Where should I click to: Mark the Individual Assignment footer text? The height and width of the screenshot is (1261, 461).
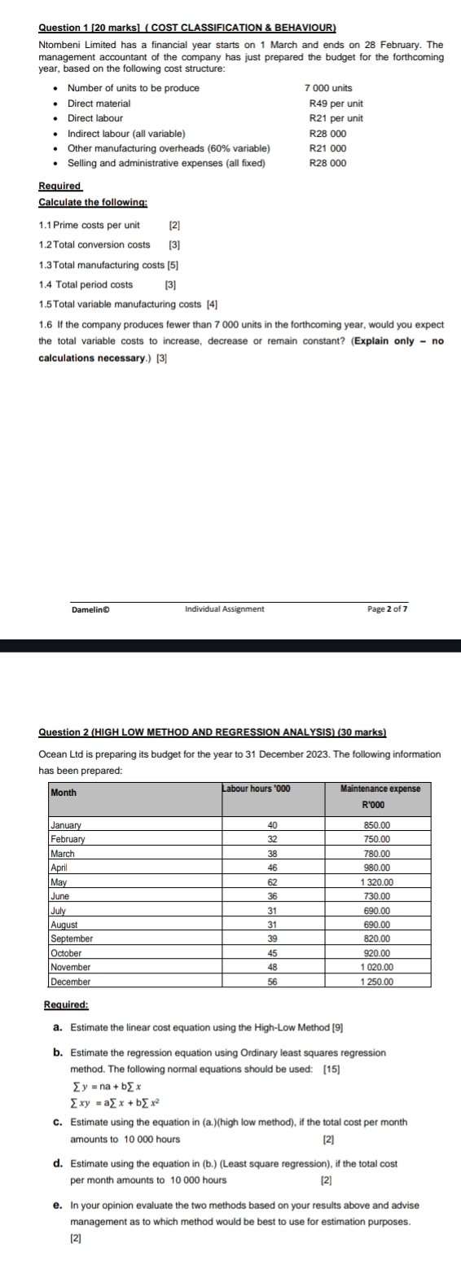(225, 609)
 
